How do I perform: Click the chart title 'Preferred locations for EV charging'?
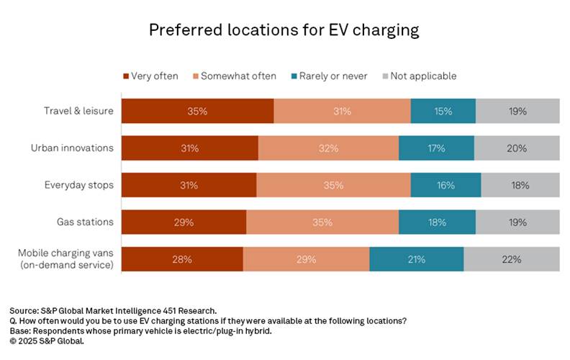click(x=284, y=30)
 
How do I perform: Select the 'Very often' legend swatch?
click(x=127, y=76)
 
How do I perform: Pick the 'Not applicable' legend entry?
click(x=422, y=76)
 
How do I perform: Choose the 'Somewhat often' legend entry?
click(x=233, y=76)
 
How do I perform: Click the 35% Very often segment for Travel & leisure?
click(x=197, y=112)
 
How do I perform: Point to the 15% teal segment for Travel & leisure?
click(x=443, y=112)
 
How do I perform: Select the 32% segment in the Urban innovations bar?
click(x=328, y=148)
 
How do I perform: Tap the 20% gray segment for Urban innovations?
click(x=517, y=148)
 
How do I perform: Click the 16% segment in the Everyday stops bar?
click(x=445, y=185)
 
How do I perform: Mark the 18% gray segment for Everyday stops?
click(x=520, y=185)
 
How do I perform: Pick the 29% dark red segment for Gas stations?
click(x=184, y=222)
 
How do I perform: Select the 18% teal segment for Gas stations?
click(x=437, y=222)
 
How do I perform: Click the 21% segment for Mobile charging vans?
click(x=416, y=259)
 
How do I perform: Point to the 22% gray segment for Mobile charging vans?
click(x=512, y=259)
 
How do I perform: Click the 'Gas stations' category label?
click(x=86, y=222)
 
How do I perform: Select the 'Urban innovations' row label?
click(x=72, y=148)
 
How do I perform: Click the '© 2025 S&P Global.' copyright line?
click(x=47, y=341)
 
